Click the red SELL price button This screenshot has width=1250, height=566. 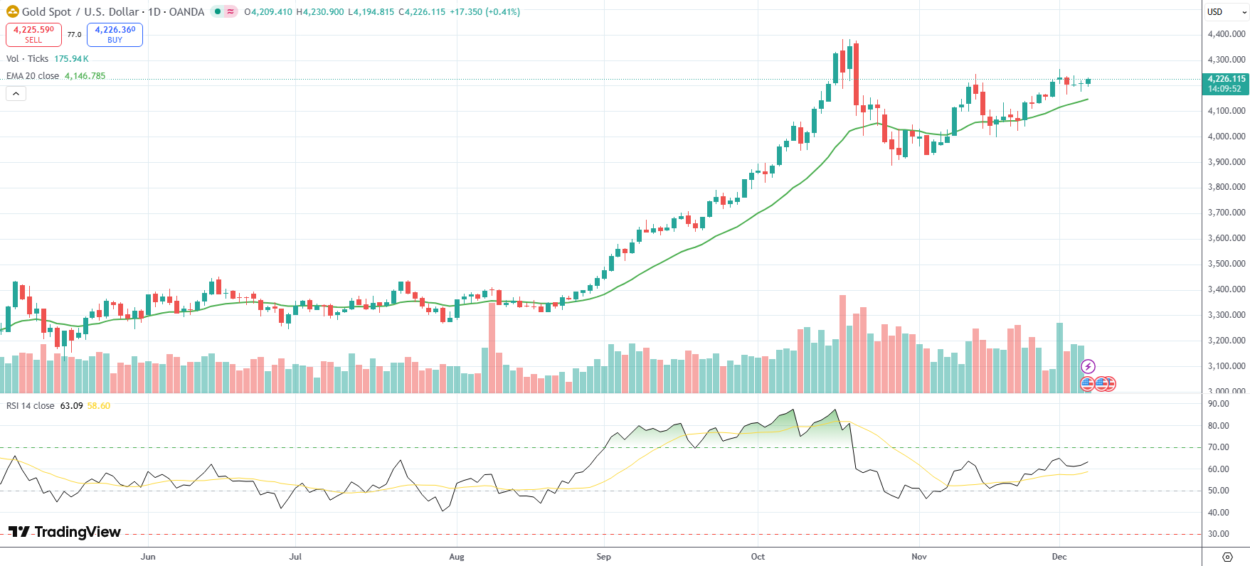pos(33,34)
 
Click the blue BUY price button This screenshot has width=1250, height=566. pos(115,34)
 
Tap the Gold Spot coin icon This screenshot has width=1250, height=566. pos(12,11)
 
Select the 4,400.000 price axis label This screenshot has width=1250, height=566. pos(1226,34)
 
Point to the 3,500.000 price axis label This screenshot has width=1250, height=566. pos(1226,264)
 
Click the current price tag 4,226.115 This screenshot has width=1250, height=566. pos(1226,80)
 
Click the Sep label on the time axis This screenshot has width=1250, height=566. pos(603,557)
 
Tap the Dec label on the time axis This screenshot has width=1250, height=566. pos(1059,557)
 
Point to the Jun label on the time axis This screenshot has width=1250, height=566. pos(148,557)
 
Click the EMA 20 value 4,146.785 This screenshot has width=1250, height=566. pos(85,76)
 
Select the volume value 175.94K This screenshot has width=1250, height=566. pos(71,59)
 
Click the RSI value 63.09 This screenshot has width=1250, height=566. pos(71,406)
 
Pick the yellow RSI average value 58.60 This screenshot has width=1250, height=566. pos(99,406)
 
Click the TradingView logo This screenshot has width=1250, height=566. pos(65,532)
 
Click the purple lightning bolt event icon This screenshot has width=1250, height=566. pos(1088,367)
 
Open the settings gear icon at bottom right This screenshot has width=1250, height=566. pos(1227,557)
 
